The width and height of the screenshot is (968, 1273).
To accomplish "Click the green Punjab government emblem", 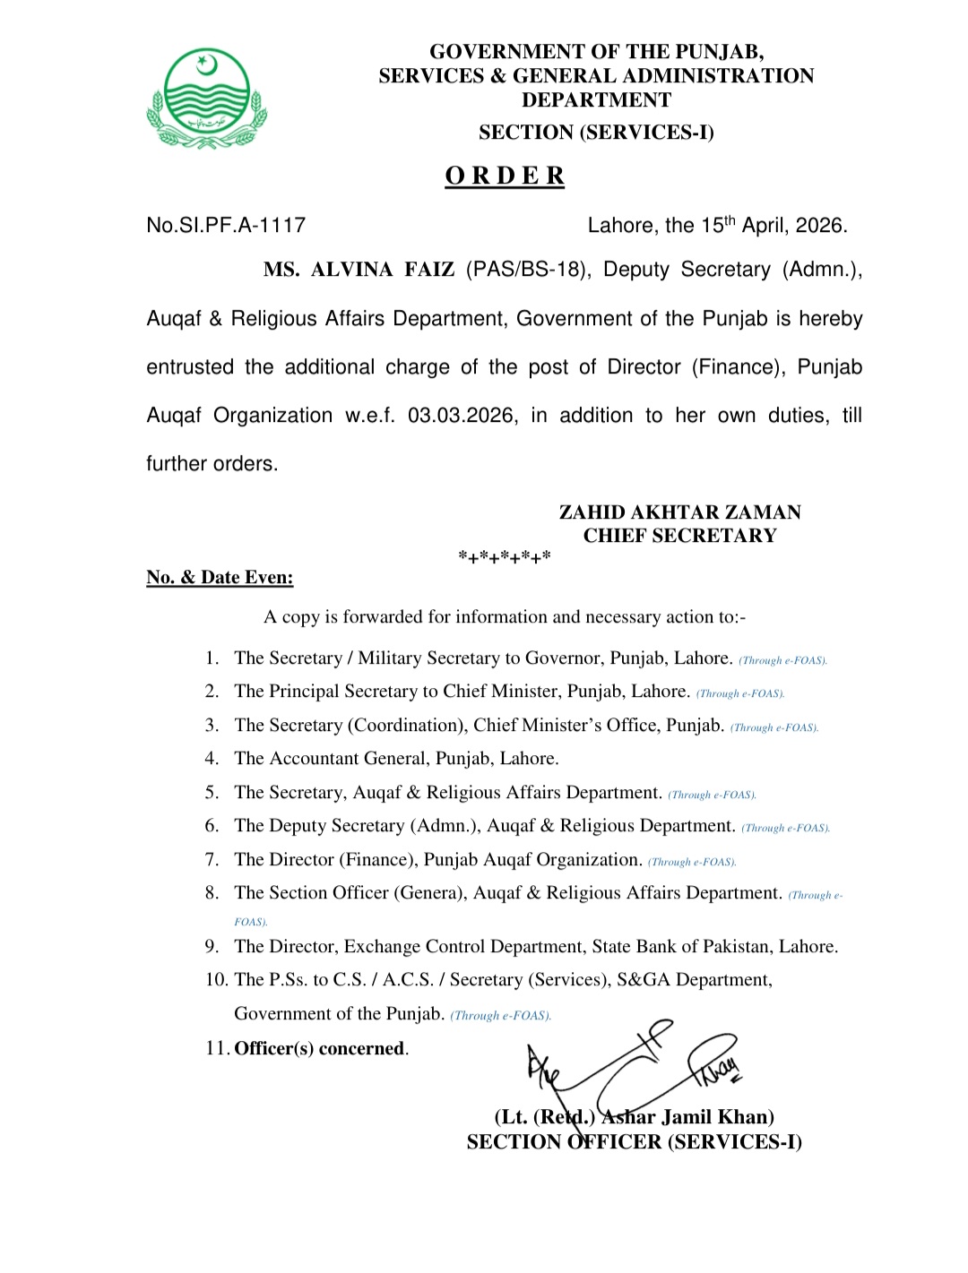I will [x=207, y=99].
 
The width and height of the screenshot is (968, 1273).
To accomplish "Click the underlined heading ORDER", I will [x=505, y=176].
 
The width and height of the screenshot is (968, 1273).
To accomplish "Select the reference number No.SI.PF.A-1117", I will [x=226, y=225].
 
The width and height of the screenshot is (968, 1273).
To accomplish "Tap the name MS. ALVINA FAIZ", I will [x=359, y=270].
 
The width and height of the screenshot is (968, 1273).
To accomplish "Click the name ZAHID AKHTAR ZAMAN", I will [x=679, y=512].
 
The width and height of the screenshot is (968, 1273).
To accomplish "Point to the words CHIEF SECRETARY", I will [x=679, y=536].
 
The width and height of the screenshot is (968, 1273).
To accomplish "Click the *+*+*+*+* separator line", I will [x=505, y=557].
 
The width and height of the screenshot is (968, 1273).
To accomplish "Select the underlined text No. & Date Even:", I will [x=220, y=578].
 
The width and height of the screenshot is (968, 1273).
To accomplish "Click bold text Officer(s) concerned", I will [x=320, y=1049].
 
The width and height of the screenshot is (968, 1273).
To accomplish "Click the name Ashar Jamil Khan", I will [x=687, y=1117].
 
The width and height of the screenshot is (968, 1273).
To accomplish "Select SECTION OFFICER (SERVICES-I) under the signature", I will [x=634, y=1142].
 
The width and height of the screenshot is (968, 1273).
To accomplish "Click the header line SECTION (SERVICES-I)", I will [x=596, y=133].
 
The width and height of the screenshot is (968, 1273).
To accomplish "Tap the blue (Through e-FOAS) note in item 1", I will [x=782, y=661].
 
